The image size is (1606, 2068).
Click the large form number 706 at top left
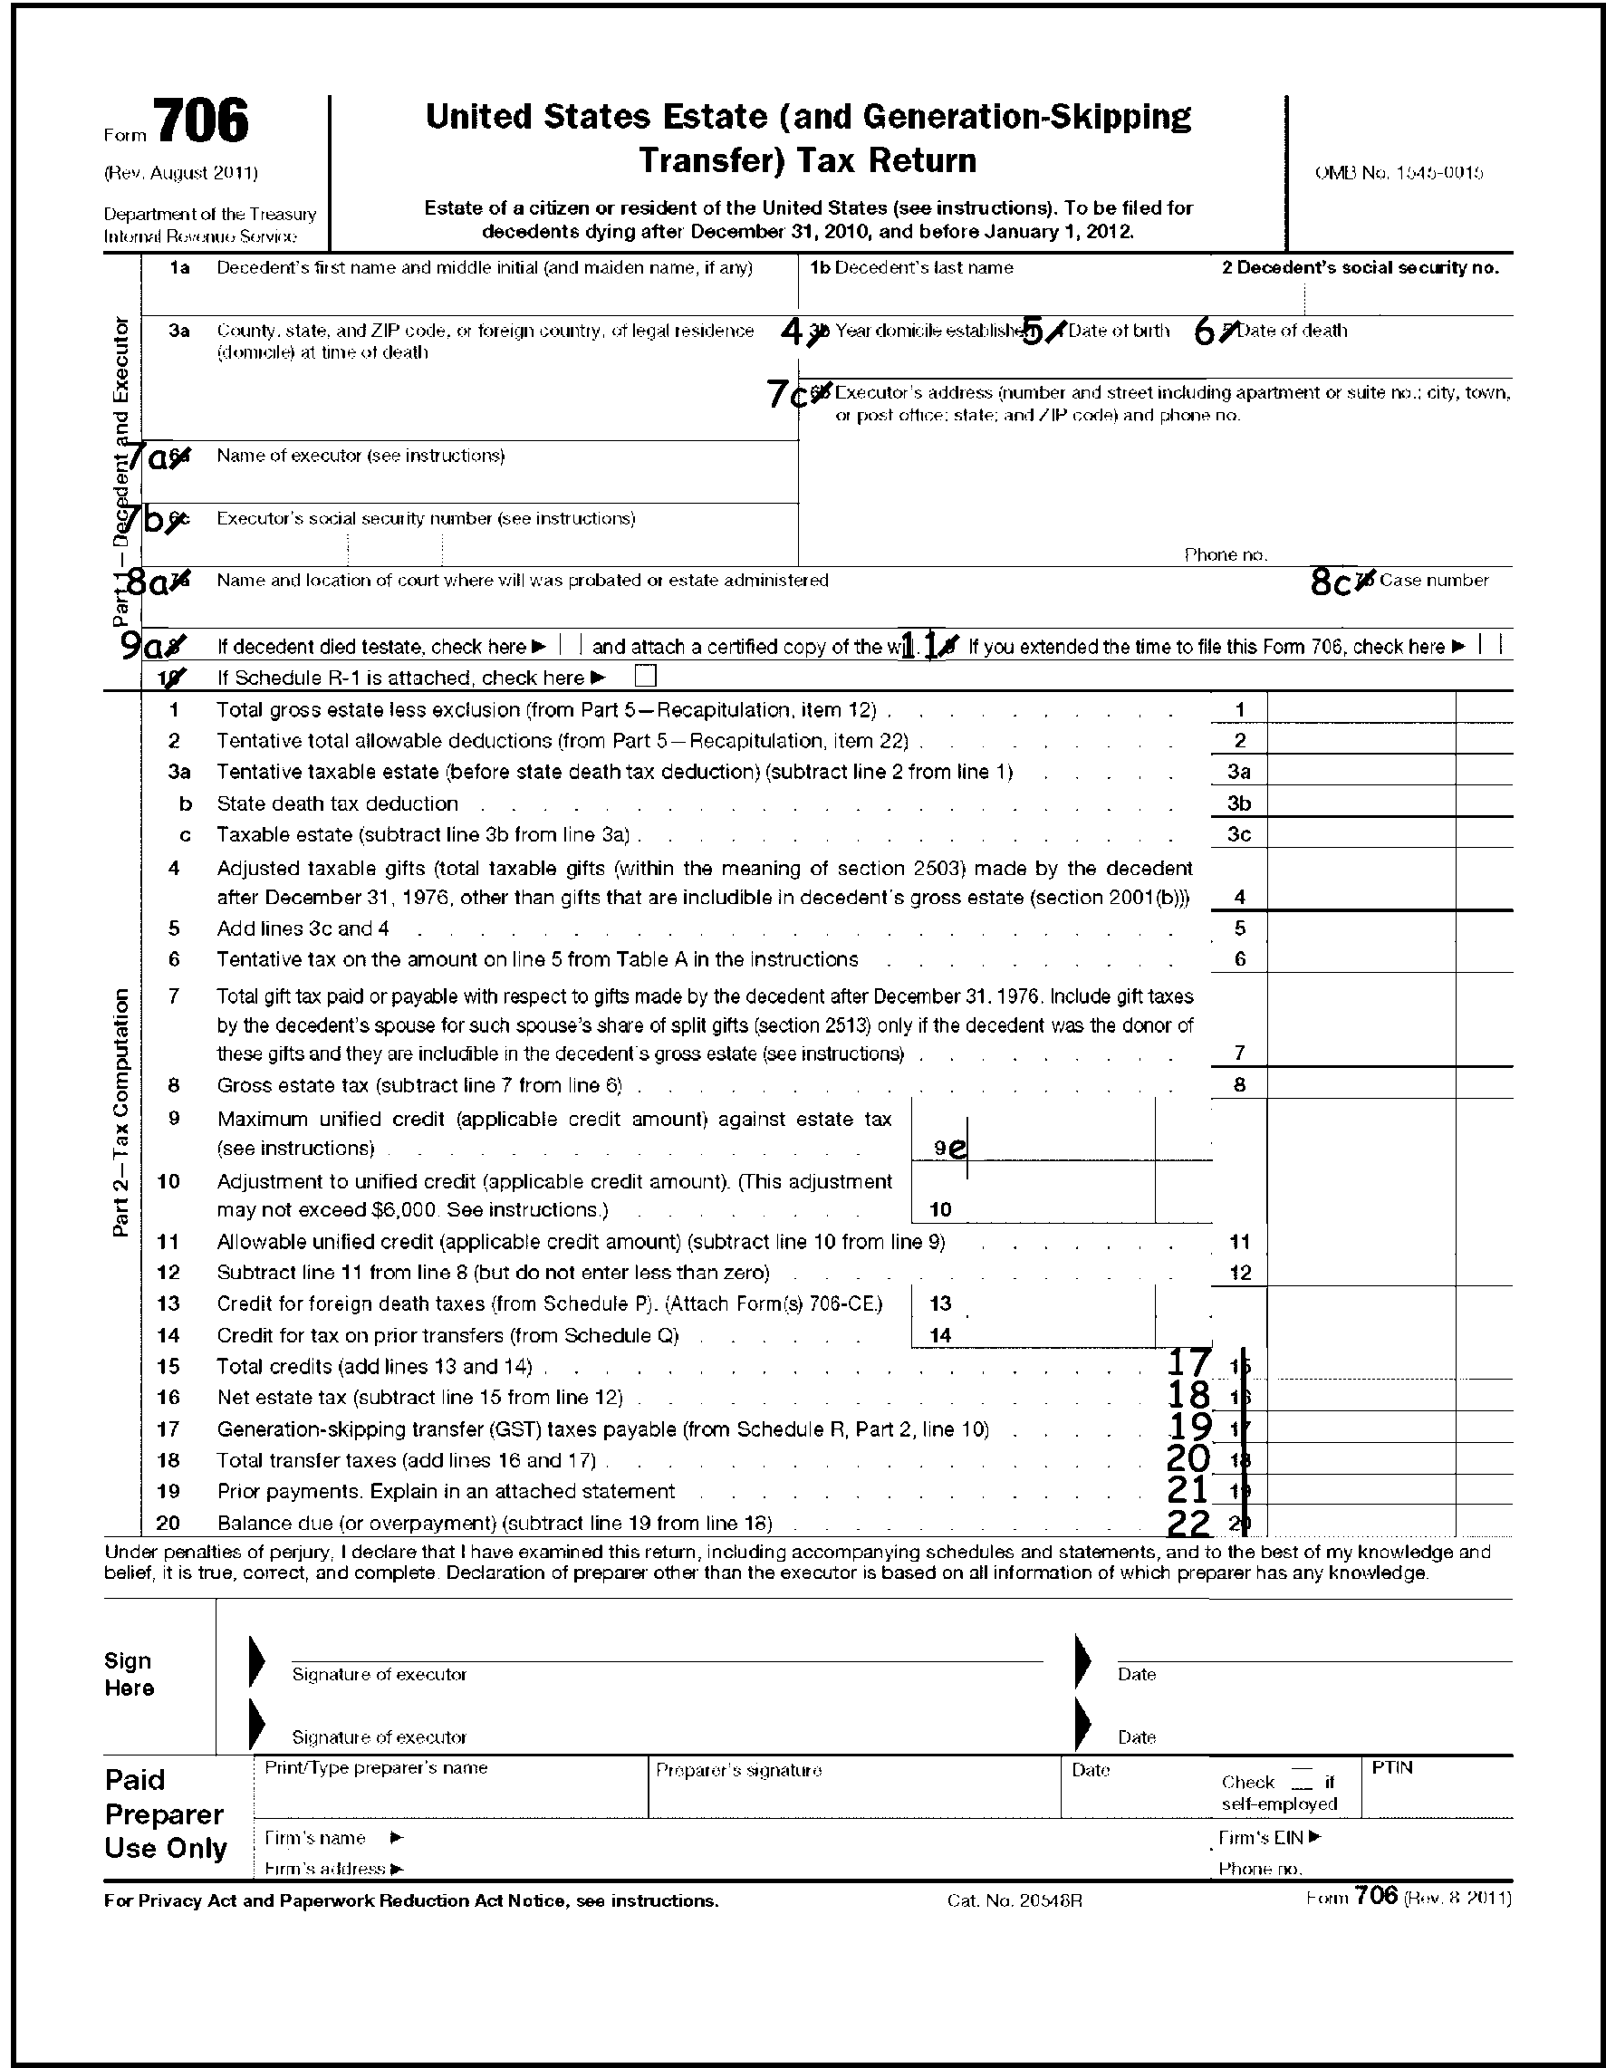tap(201, 121)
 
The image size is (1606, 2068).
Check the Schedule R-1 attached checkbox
tap(646, 677)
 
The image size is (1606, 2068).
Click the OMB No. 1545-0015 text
tap(1399, 173)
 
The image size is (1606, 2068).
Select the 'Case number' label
tap(1434, 580)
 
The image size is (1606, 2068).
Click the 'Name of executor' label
tap(360, 456)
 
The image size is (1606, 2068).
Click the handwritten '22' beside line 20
tap(1189, 1524)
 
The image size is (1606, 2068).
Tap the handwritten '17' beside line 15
tap(1189, 1362)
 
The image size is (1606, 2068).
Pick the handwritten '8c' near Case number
tap(1330, 583)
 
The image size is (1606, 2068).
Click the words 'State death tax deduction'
tap(337, 803)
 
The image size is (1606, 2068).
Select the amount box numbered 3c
tap(1360, 834)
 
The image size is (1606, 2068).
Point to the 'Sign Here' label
tap(129, 1674)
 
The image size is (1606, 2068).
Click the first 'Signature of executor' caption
tap(379, 1674)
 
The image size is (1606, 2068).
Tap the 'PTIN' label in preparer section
tap(1391, 1768)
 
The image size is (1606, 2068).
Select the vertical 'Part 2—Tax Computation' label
tap(121, 1112)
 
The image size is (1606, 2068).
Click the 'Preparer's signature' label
tap(738, 1770)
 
